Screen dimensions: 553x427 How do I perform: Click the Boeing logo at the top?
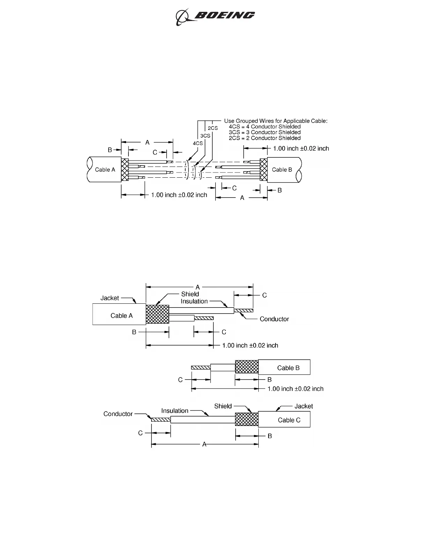pos(215,16)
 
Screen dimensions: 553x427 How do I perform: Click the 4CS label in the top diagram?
pos(198,143)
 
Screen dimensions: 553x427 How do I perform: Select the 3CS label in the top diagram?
pos(205,135)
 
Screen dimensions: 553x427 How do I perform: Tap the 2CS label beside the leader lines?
pos(213,128)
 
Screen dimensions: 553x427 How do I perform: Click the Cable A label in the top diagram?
pos(105,170)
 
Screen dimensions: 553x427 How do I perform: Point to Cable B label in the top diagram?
pos(282,170)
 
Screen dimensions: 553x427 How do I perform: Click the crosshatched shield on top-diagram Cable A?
pos(125,170)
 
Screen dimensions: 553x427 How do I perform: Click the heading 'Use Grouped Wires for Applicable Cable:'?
pos(276,121)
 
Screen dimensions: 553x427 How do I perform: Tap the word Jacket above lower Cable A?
pos(110,298)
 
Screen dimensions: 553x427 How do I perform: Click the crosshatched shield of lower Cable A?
pos(157,315)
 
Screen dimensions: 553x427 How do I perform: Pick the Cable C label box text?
pos(289,420)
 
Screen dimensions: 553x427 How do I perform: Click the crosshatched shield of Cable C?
pos(246,419)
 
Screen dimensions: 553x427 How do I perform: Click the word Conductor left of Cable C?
pos(118,414)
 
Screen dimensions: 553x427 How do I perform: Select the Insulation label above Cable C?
pos(175,411)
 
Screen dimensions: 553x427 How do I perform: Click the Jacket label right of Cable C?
pos(303,406)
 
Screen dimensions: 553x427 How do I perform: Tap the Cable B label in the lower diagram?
pos(288,368)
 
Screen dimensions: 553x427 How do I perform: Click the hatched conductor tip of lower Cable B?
pos(201,367)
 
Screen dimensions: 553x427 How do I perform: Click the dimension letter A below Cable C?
pos(204,444)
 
